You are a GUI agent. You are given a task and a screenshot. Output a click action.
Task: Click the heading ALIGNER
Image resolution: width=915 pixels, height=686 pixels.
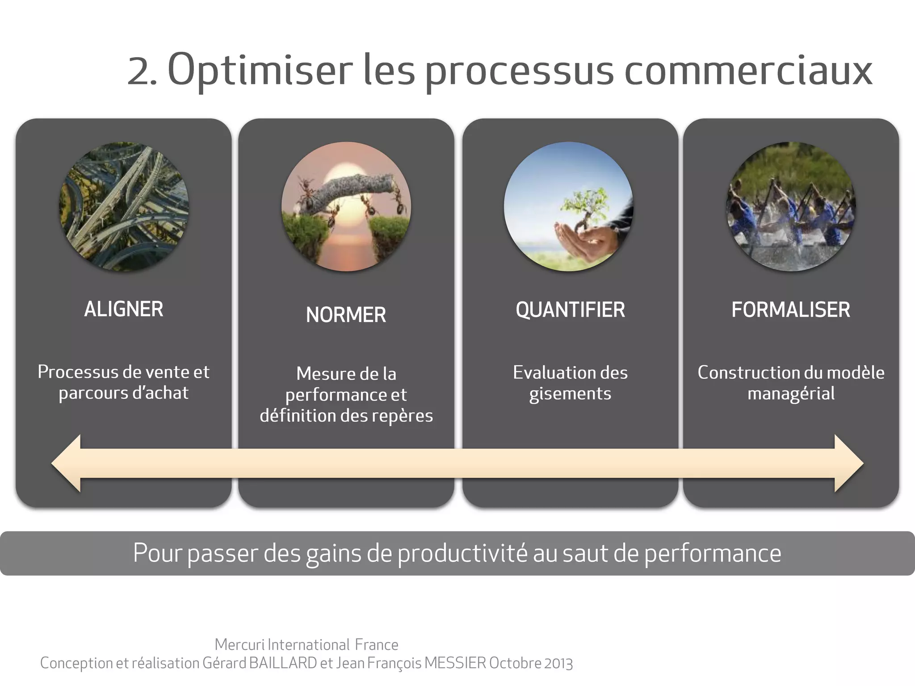click(x=124, y=309)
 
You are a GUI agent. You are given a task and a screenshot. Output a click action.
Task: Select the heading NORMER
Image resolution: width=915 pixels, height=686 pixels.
click(x=346, y=315)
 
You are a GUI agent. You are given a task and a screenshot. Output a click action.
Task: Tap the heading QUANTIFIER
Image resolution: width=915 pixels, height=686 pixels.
click(x=570, y=310)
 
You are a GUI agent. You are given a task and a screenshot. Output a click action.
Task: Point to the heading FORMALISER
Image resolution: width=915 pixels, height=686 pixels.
click(x=790, y=310)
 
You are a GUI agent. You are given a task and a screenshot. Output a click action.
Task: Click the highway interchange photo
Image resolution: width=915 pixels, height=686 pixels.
click(x=124, y=206)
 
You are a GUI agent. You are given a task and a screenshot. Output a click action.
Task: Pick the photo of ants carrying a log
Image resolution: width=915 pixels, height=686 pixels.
click(x=346, y=206)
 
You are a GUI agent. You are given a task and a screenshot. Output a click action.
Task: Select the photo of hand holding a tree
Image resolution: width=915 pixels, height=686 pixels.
click(x=568, y=206)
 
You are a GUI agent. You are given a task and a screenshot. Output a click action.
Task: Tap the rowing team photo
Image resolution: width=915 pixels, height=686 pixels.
click(x=791, y=206)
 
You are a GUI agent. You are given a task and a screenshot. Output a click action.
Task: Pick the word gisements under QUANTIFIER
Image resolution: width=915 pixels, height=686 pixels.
click(x=570, y=394)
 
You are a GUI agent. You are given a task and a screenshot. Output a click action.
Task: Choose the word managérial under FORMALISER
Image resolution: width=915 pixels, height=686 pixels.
click(x=791, y=394)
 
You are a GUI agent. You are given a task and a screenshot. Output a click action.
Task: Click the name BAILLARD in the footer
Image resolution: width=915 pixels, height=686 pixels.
click(x=283, y=663)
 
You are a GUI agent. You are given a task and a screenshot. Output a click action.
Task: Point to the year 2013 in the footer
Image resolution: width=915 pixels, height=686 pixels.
click(x=558, y=663)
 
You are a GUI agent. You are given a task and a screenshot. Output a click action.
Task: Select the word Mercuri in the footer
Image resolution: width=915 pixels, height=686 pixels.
click(x=239, y=644)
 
